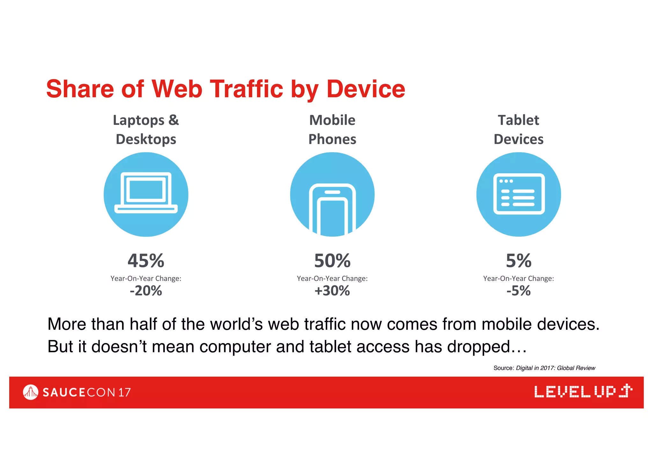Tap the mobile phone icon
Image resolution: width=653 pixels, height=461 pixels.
[332, 209]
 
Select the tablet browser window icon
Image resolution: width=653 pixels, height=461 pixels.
[519, 194]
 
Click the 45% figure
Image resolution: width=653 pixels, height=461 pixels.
[146, 261]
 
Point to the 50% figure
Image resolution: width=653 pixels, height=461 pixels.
[332, 261]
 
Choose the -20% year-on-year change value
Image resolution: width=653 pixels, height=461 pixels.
[146, 291]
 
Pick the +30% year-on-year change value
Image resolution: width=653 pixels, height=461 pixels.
[332, 291]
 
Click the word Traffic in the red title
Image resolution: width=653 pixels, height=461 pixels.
[246, 89]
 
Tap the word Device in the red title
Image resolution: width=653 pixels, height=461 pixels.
[366, 89]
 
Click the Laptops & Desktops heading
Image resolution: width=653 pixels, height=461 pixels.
[146, 130]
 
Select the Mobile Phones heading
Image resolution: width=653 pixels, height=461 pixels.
[332, 130]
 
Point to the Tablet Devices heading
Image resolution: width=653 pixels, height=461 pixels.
[519, 130]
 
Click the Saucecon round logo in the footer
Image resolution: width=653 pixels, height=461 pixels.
[31, 392]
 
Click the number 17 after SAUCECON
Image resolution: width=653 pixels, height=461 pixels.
[124, 393]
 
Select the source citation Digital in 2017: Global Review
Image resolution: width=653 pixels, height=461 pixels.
[555, 368]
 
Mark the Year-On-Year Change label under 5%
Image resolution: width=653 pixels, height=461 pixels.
[519, 278]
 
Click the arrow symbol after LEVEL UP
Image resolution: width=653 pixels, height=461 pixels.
[626, 391]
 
